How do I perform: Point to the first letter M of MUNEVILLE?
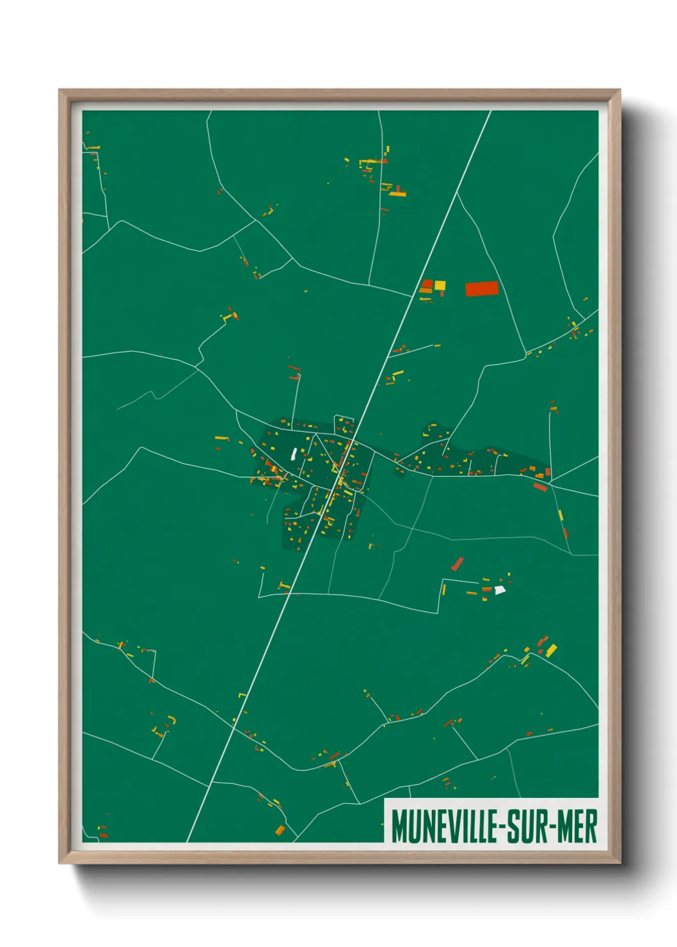[x=399, y=826]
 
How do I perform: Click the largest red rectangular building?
[x=481, y=289]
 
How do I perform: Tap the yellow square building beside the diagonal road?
[x=440, y=285]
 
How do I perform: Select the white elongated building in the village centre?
[x=293, y=454]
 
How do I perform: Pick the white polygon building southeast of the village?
[x=499, y=590]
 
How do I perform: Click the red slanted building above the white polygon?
[x=457, y=564]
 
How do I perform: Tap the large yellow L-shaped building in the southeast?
[x=550, y=651]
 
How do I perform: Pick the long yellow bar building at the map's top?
[x=397, y=193]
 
